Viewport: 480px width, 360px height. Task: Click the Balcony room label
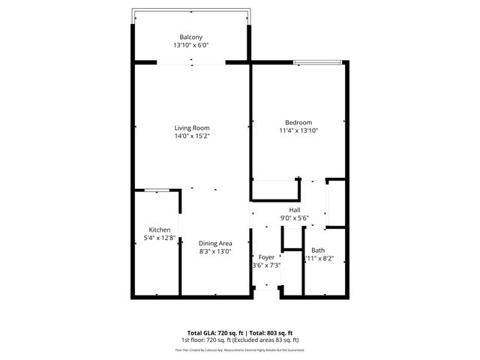coord(190,37)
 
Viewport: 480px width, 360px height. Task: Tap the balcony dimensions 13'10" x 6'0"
coord(190,46)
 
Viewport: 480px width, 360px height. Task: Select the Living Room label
coord(191,128)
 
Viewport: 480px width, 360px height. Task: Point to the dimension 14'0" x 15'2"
coord(191,136)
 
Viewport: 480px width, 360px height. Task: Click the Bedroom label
coord(298,122)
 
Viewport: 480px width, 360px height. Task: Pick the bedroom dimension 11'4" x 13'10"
coord(298,130)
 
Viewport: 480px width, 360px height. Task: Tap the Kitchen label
coord(159,229)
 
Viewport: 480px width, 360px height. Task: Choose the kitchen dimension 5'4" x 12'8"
coord(159,238)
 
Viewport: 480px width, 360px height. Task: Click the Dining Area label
coord(214,243)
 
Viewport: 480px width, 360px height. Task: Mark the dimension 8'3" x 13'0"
coord(214,251)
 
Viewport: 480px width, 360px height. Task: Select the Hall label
coord(295,210)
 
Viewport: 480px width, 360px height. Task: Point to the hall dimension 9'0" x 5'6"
coord(295,218)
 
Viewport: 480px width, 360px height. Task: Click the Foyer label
coord(266,257)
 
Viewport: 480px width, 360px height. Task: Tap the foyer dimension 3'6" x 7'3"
coord(266,265)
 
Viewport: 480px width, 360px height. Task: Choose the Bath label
coord(318,250)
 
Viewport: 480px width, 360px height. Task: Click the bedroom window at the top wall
coord(319,62)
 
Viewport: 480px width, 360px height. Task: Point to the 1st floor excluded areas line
coord(240,340)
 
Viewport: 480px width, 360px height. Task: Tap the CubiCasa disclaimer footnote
coord(240,349)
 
